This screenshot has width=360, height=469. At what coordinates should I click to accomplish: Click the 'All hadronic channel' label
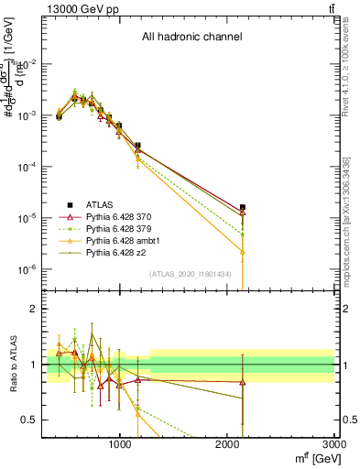[x=191, y=38]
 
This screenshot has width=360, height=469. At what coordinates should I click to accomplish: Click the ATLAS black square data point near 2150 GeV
[x=243, y=208]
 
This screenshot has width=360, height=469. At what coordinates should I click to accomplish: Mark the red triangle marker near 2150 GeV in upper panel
[x=243, y=213]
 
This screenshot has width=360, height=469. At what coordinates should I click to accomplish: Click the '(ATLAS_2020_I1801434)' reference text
[x=191, y=274]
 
